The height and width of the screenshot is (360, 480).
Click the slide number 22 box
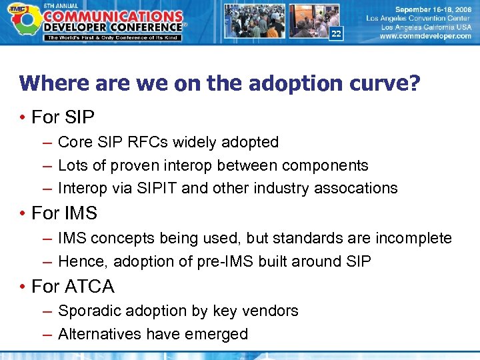336,33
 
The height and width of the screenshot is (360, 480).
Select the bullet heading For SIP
63,117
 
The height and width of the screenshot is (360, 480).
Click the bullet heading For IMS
64,213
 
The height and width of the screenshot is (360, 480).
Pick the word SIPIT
155,188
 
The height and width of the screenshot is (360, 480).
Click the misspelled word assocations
358,188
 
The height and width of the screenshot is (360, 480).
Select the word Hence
78,261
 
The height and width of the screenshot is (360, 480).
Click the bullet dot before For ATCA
23,287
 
